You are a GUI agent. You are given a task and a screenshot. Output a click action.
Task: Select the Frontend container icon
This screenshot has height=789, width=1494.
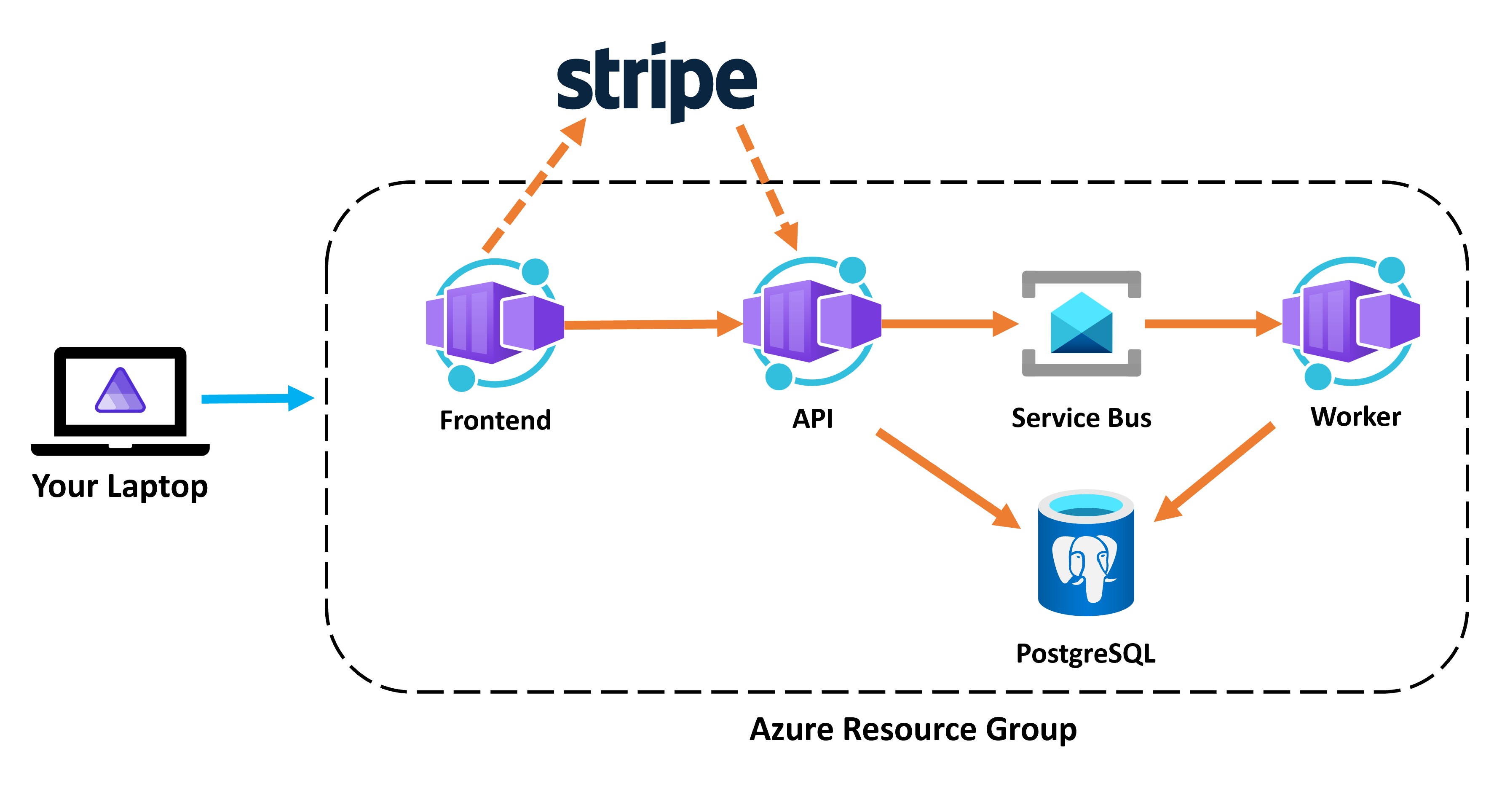[x=495, y=322]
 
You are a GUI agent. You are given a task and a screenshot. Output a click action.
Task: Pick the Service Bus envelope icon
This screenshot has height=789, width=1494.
[x=1081, y=323]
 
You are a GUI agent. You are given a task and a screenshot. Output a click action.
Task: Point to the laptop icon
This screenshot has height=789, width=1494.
[x=120, y=400]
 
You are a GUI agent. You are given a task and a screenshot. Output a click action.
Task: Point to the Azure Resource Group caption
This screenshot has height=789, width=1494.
[x=913, y=729]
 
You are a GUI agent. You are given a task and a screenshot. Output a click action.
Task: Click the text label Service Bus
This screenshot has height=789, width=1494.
[x=1081, y=418]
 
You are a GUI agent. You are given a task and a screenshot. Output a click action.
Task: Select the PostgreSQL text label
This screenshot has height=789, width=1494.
[x=1086, y=654]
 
